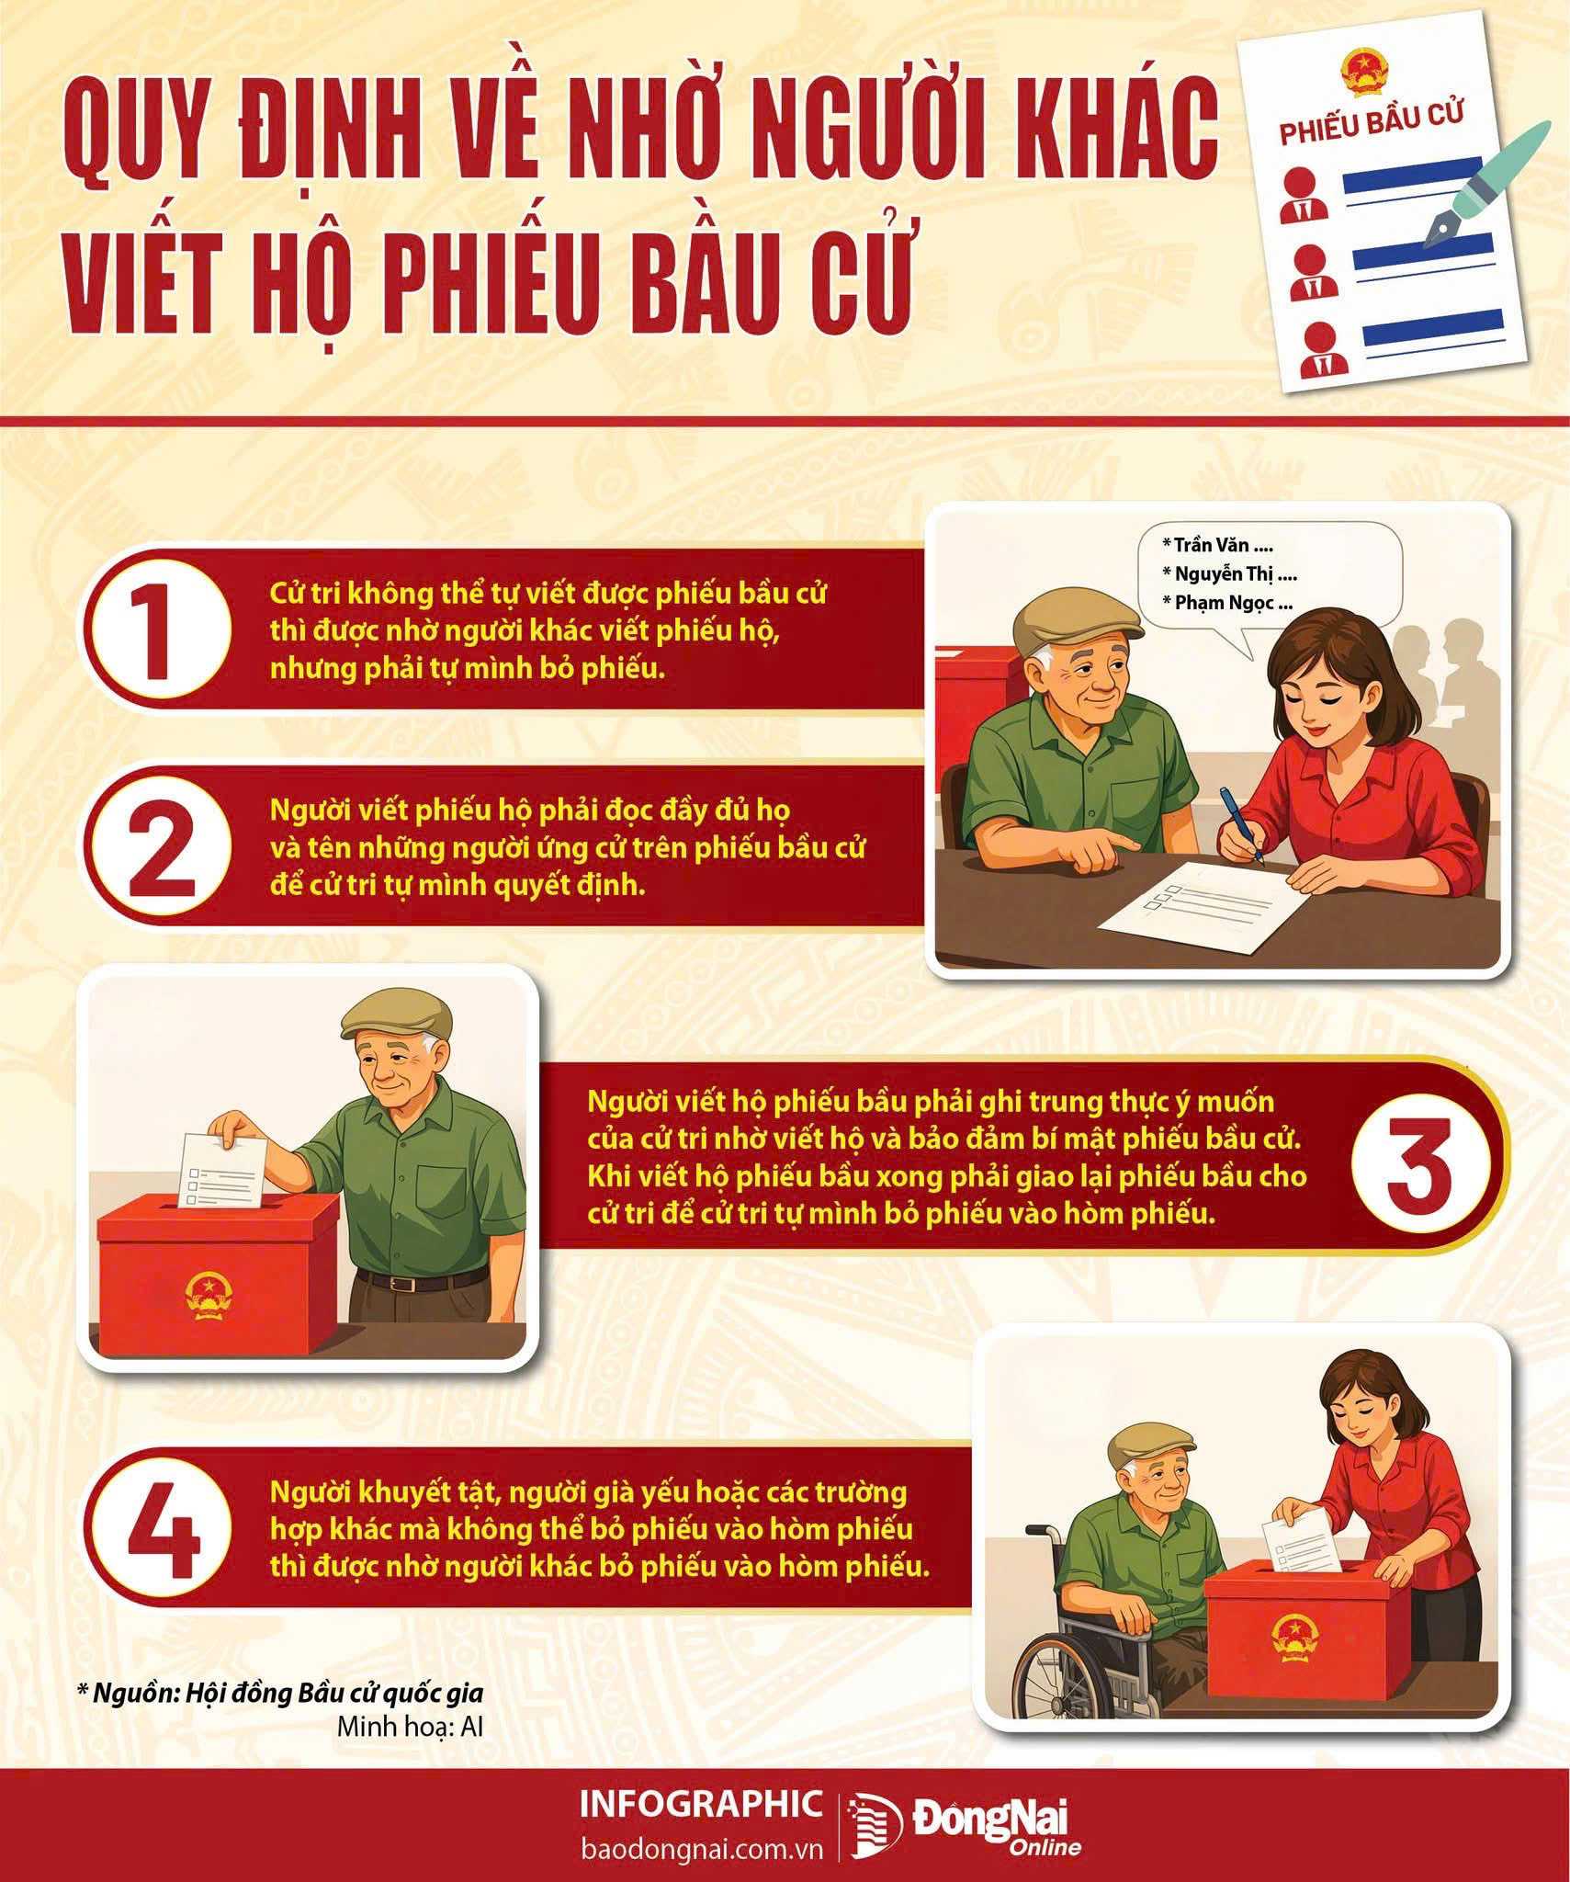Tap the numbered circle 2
[158, 846]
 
